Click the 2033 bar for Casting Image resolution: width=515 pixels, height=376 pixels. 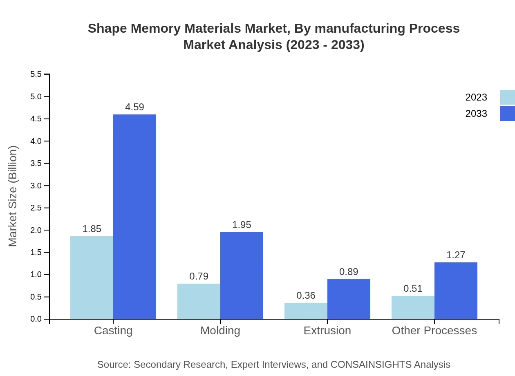click(x=134, y=217)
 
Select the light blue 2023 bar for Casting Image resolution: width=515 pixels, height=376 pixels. click(x=92, y=278)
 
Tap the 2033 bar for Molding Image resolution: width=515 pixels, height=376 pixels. click(x=242, y=275)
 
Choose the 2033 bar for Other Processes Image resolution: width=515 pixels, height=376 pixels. click(x=456, y=291)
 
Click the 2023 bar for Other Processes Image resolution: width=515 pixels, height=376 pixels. click(x=413, y=307)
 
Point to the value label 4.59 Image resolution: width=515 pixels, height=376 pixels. click(x=134, y=107)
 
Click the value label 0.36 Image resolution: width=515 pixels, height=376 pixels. click(x=306, y=295)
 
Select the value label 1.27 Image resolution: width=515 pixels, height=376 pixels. click(x=456, y=255)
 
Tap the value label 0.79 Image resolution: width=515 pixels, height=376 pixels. click(x=199, y=276)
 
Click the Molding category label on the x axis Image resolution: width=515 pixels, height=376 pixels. click(x=220, y=331)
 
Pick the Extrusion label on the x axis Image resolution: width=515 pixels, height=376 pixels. click(x=327, y=331)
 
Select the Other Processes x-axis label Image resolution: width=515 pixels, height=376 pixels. click(x=434, y=331)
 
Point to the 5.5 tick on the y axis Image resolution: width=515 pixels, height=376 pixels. click(x=36, y=74)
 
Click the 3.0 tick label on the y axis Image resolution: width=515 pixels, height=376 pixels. click(x=36, y=186)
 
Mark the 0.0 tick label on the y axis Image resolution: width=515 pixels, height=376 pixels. click(x=36, y=319)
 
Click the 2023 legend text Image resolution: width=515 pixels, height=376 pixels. click(x=476, y=97)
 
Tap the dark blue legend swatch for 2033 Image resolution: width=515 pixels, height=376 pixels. click(x=507, y=114)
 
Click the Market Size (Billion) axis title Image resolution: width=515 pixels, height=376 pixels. click(x=13, y=196)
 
